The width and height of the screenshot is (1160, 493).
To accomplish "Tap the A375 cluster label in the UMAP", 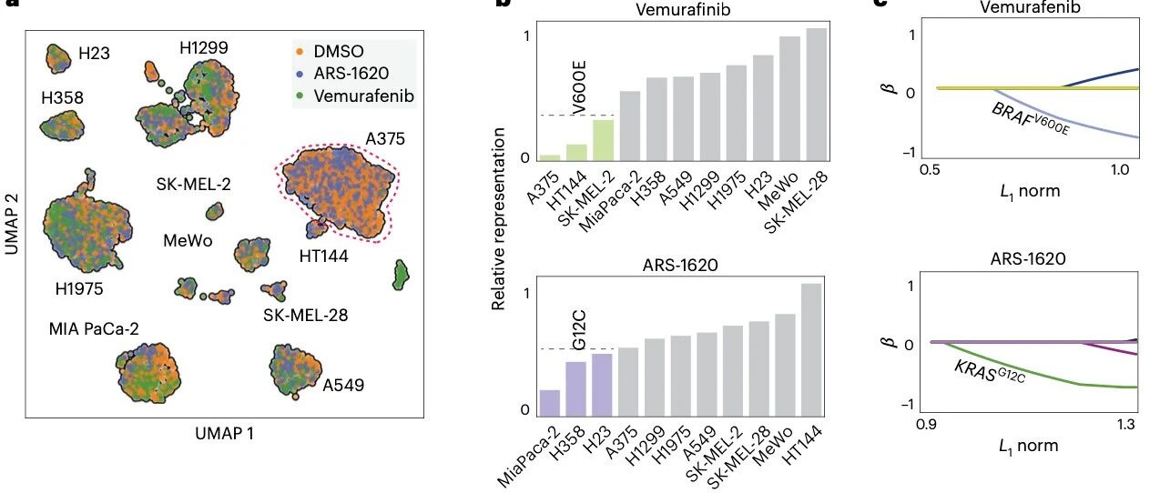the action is pyautogui.click(x=385, y=138).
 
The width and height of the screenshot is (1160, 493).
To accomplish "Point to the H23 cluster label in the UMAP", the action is pyautogui.click(x=94, y=54).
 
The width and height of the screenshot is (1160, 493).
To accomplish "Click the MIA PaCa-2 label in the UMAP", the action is pyautogui.click(x=94, y=329).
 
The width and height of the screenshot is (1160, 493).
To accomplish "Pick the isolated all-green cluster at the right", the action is pyautogui.click(x=400, y=276).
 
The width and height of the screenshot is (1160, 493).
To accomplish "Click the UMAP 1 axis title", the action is pyautogui.click(x=224, y=434).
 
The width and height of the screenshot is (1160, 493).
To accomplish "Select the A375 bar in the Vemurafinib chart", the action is pyautogui.click(x=550, y=157).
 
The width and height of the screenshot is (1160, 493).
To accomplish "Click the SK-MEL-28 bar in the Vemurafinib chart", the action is pyautogui.click(x=817, y=95).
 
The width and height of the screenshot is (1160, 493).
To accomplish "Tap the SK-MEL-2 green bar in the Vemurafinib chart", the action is pyautogui.click(x=604, y=140).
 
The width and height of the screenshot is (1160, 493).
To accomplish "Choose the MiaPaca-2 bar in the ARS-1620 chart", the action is pyautogui.click(x=550, y=403).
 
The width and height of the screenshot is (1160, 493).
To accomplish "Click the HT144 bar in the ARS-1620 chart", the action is pyautogui.click(x=811, y=349).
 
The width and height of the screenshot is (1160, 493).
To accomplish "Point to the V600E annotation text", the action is pyautogui.click(x=579, y=87).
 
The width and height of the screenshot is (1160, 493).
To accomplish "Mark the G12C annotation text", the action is pyautogui.click(x=579, y=329).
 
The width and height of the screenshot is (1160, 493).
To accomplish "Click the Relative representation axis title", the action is pyautogui.click(x=498, y=219).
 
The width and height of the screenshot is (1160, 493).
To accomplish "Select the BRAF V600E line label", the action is pyautogui.click(x=1031, y=120).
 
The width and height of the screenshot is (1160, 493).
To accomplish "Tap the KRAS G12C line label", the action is pyautogui.click(x=990, y=372).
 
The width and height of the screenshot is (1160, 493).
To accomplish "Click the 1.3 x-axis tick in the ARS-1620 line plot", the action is pyautogui.click(x=1125, y=425).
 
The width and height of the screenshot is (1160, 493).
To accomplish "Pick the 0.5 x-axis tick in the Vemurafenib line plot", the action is pyautogui.click(x=930, y=170).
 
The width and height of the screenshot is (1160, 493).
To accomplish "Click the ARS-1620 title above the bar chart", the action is pyautogui.click(x=680, y=265).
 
